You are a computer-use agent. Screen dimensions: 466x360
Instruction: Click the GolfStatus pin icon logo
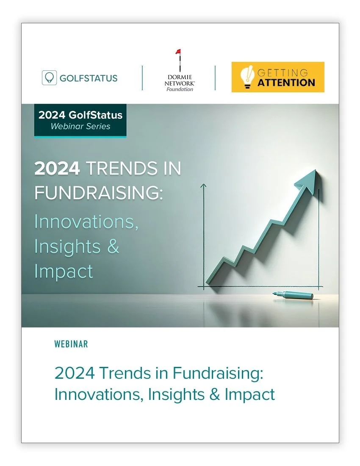[49, 78]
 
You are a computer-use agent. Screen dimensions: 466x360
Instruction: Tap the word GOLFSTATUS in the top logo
[89, 78]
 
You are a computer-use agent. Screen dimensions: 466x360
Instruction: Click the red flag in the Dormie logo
[178, 53]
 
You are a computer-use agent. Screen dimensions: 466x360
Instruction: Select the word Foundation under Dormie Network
[180, 89]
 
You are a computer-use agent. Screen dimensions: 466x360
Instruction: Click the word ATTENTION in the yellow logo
[286, 82]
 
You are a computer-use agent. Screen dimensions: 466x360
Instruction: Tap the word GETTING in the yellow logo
[283, 72]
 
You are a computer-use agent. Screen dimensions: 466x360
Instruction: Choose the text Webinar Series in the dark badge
[80, 126]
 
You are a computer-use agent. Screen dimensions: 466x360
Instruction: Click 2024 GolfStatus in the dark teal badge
[80, 115]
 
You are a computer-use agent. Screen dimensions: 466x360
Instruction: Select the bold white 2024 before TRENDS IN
[57, 169]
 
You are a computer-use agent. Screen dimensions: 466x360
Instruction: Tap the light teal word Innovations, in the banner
[86, 222]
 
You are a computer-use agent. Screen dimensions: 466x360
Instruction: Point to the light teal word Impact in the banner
[64, 271]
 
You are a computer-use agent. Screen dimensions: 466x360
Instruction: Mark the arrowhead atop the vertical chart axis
[203, 185]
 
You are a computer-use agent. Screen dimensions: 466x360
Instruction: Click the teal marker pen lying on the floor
[293, 294]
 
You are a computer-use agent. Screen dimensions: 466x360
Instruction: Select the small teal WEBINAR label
[71, 344]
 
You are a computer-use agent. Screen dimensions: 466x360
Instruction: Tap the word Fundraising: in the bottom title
[218, 373]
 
